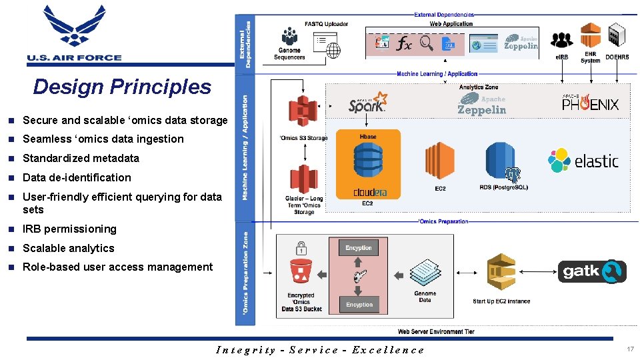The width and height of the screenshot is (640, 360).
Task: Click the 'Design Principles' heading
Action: coord(122,87)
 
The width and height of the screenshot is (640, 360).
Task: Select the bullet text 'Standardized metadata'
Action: coord(81,158)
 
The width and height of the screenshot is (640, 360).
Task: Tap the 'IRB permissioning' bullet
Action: coord(69,229)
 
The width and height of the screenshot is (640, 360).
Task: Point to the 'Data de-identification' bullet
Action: coord(77,177)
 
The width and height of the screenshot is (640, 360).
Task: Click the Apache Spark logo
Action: coord(367,103)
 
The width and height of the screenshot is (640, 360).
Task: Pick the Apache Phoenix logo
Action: coord(590,103)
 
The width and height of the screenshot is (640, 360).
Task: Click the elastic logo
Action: coord(583,161)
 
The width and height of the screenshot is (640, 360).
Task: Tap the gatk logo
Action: coord(592,271)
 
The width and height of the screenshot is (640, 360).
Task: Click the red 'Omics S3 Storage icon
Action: coord(303,112)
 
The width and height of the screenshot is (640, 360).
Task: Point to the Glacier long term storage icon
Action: coord(303,178)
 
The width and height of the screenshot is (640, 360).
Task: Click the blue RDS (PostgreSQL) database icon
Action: coord(503,163)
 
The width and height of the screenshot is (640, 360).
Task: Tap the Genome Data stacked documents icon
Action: coord(425,273)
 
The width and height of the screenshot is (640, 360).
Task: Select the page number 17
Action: coord(630,349)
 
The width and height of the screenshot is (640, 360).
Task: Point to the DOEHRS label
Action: coord(617,57)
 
